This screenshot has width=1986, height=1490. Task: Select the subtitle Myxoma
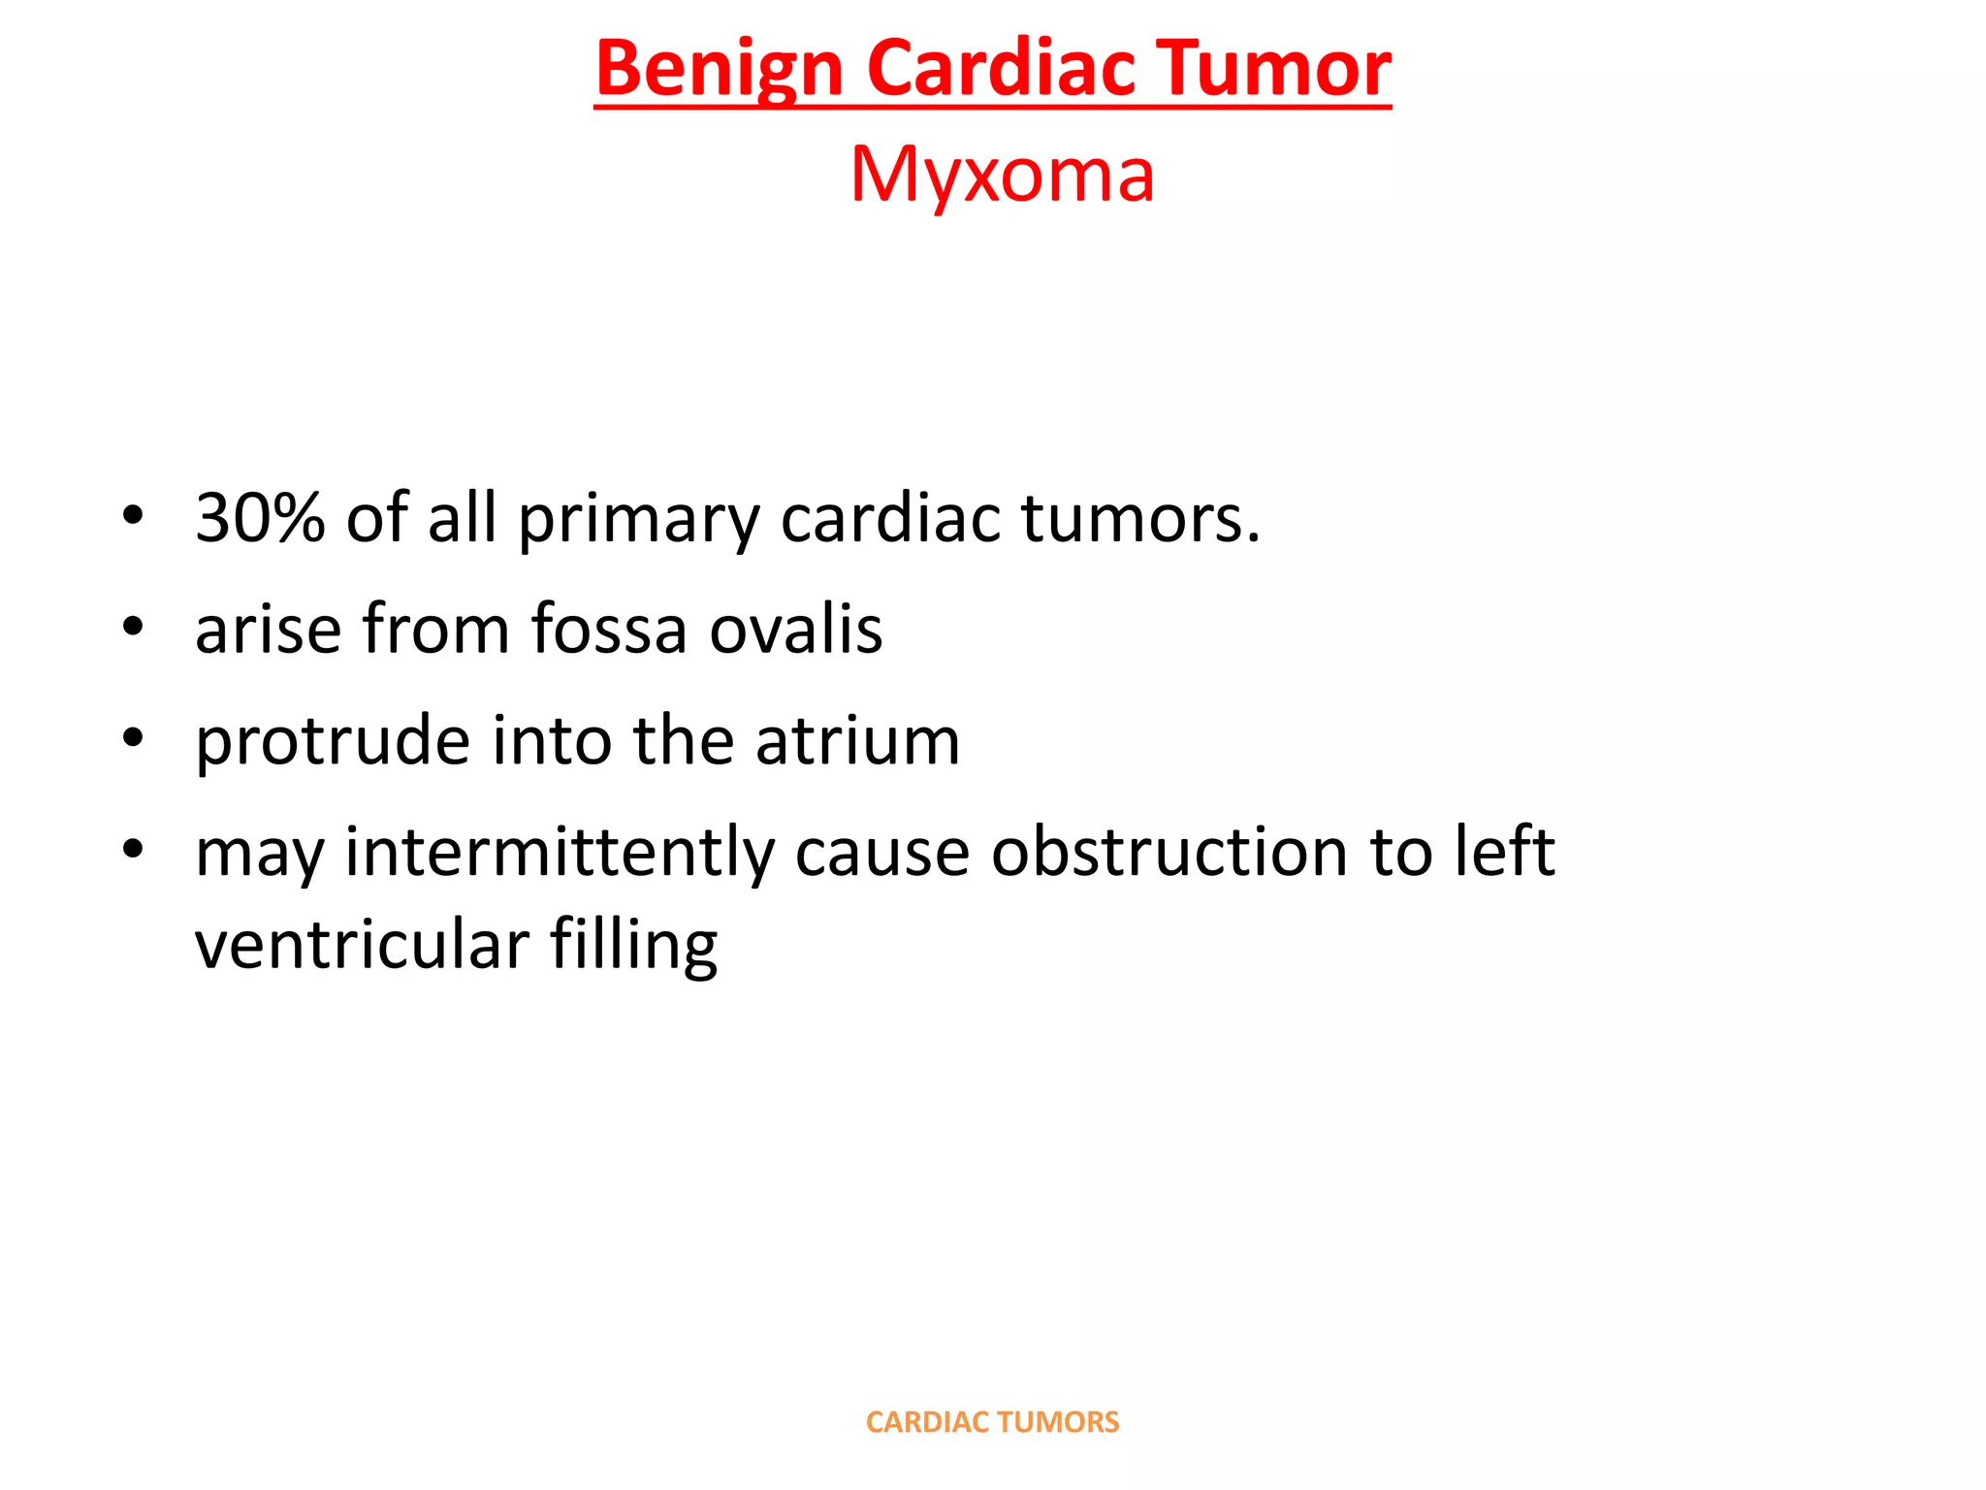click(x=1002, y=175)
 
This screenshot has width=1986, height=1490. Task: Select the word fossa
click(x=609, y=629)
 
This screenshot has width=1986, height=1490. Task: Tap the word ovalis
click(x=795, y=629)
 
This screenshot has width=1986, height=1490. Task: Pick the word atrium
click(x=857, y=740)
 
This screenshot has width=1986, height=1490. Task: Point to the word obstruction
click(x=1169, y=851)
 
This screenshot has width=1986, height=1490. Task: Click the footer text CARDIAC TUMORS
click(x=992, y=1422)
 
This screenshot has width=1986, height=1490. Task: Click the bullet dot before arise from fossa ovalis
click(x=133, y=627)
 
